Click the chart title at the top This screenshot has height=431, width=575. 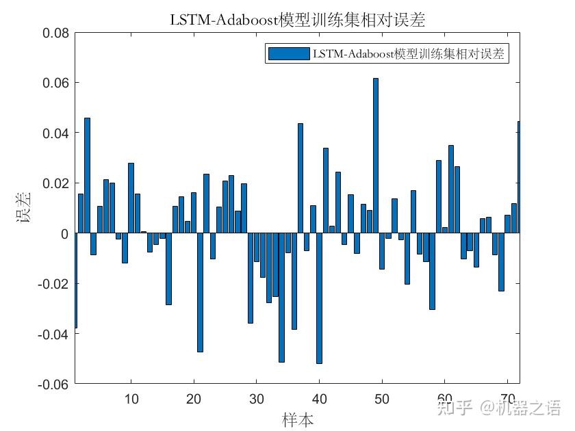pyautogui.click(x=297, y=20)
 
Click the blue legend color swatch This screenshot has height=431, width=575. pyautogui.click(x=287, y=54)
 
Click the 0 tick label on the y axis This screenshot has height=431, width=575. pyautogui.click(x=64, y=233)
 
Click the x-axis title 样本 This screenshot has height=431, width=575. pyautogui.click(x=298, y=419)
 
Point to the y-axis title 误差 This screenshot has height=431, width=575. pyautogui.click(x=23, y=209)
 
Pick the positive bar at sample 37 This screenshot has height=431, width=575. pyautogui.click(x=301, y=179)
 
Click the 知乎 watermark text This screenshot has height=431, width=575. pyautogui.click(x=455, y=408)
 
